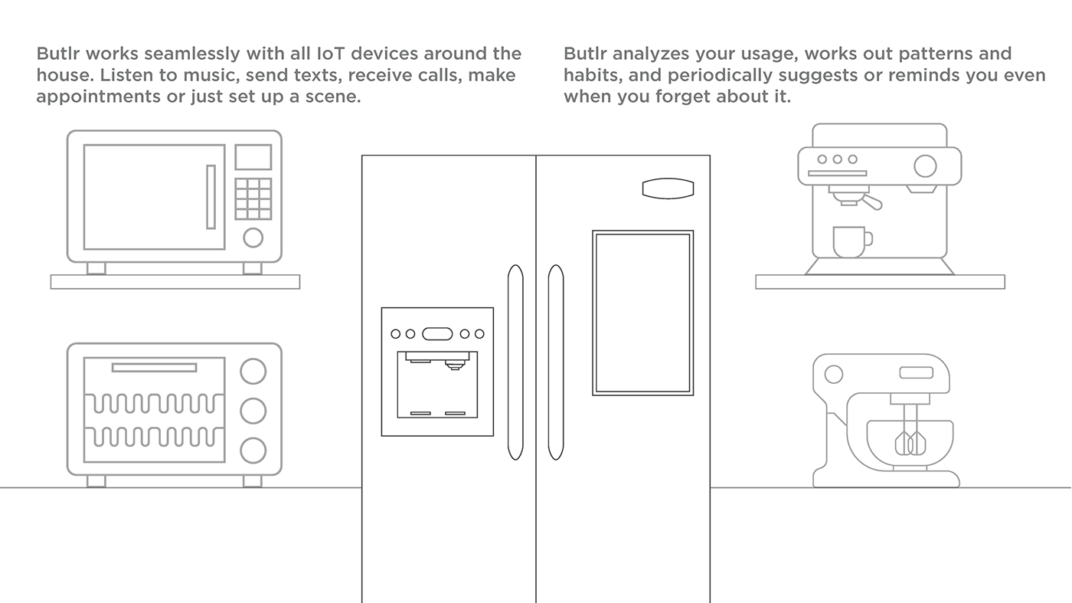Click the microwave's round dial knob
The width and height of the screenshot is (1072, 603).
pyautogui.click(x=253, y=238)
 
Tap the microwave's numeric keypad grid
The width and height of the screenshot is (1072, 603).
pyautogui.click(x=253, y=198)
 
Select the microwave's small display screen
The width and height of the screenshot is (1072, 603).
pyautogui.click(x=253, y=157)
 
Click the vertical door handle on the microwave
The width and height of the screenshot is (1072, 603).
pyautogui.click(x=211, y=197)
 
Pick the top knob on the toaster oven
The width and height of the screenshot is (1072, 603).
pyautogui.click(x=253, y=371)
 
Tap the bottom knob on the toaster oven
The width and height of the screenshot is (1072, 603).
pyautogui.click(x=253, y=451)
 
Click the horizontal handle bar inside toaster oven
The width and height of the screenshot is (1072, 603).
pyautogui.click(x=154, y=367)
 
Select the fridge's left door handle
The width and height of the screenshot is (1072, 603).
pyautogui.click(x=515, y=362)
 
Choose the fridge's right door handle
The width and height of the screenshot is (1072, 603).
pyautogui.click(x=556, y=362)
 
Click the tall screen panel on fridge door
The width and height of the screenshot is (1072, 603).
pyautogui.click(x=642, y=313)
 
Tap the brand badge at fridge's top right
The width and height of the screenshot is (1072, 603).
pyautogui.click(x=668, y=188)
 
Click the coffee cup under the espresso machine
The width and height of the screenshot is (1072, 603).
pyautogui.click(x=852, y=242)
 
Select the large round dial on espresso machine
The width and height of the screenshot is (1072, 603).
pyautogui.click(x=925, y=166)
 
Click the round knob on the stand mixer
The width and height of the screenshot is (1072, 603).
pyautogui.click(x=834, y=375)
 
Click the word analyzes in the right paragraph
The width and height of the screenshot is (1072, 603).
pyautogui.click(x=652, y=54)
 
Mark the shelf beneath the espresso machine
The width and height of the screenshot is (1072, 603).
pyautogui.click(x=880, y=282)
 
